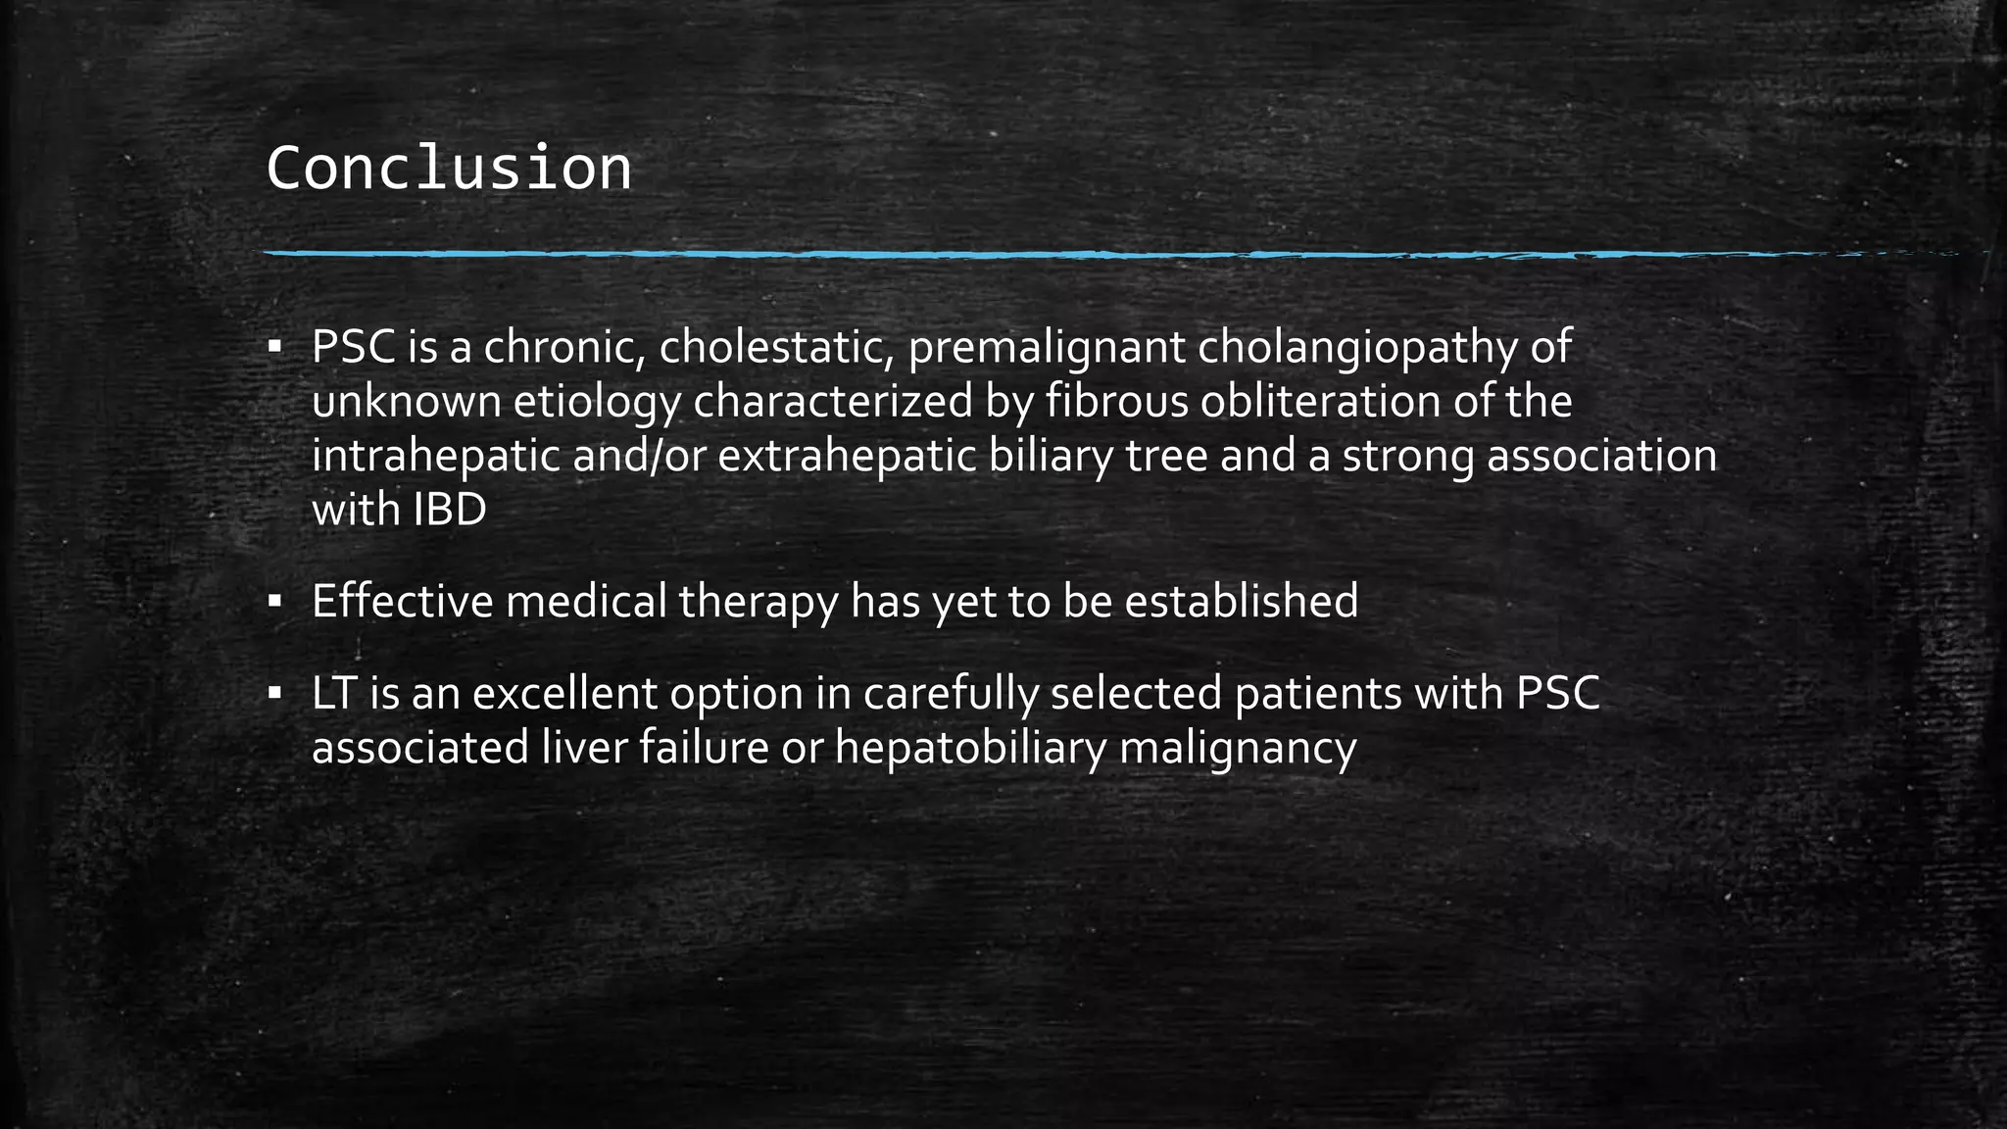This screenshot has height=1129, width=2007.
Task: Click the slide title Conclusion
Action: pyautogui.click(x=448, y=169)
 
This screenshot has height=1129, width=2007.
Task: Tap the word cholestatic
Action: pyautogui.click(x=775, y=347)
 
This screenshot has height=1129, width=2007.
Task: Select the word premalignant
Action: pyautogui.click(x=1047, y=349)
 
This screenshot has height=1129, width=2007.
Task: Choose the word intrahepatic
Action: pyautogui.click(x=435, y=457)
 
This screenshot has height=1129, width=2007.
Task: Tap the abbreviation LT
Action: pyautogui.click(x=334, y=694)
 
